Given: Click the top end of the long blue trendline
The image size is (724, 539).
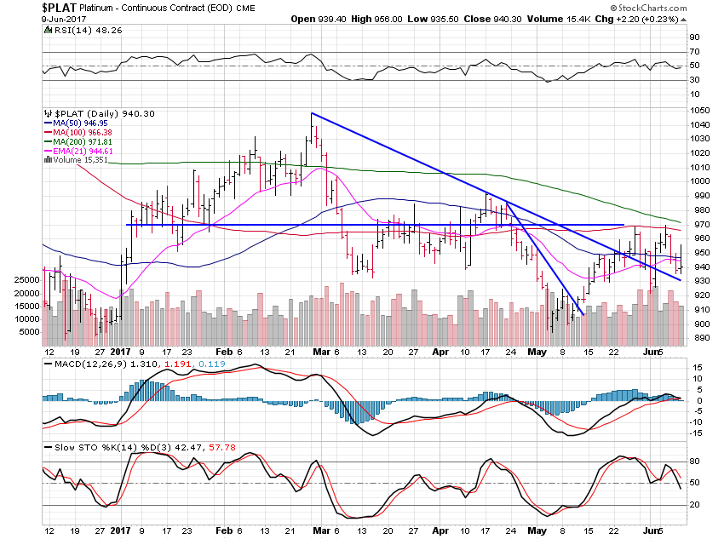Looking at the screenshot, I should (312, 113).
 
